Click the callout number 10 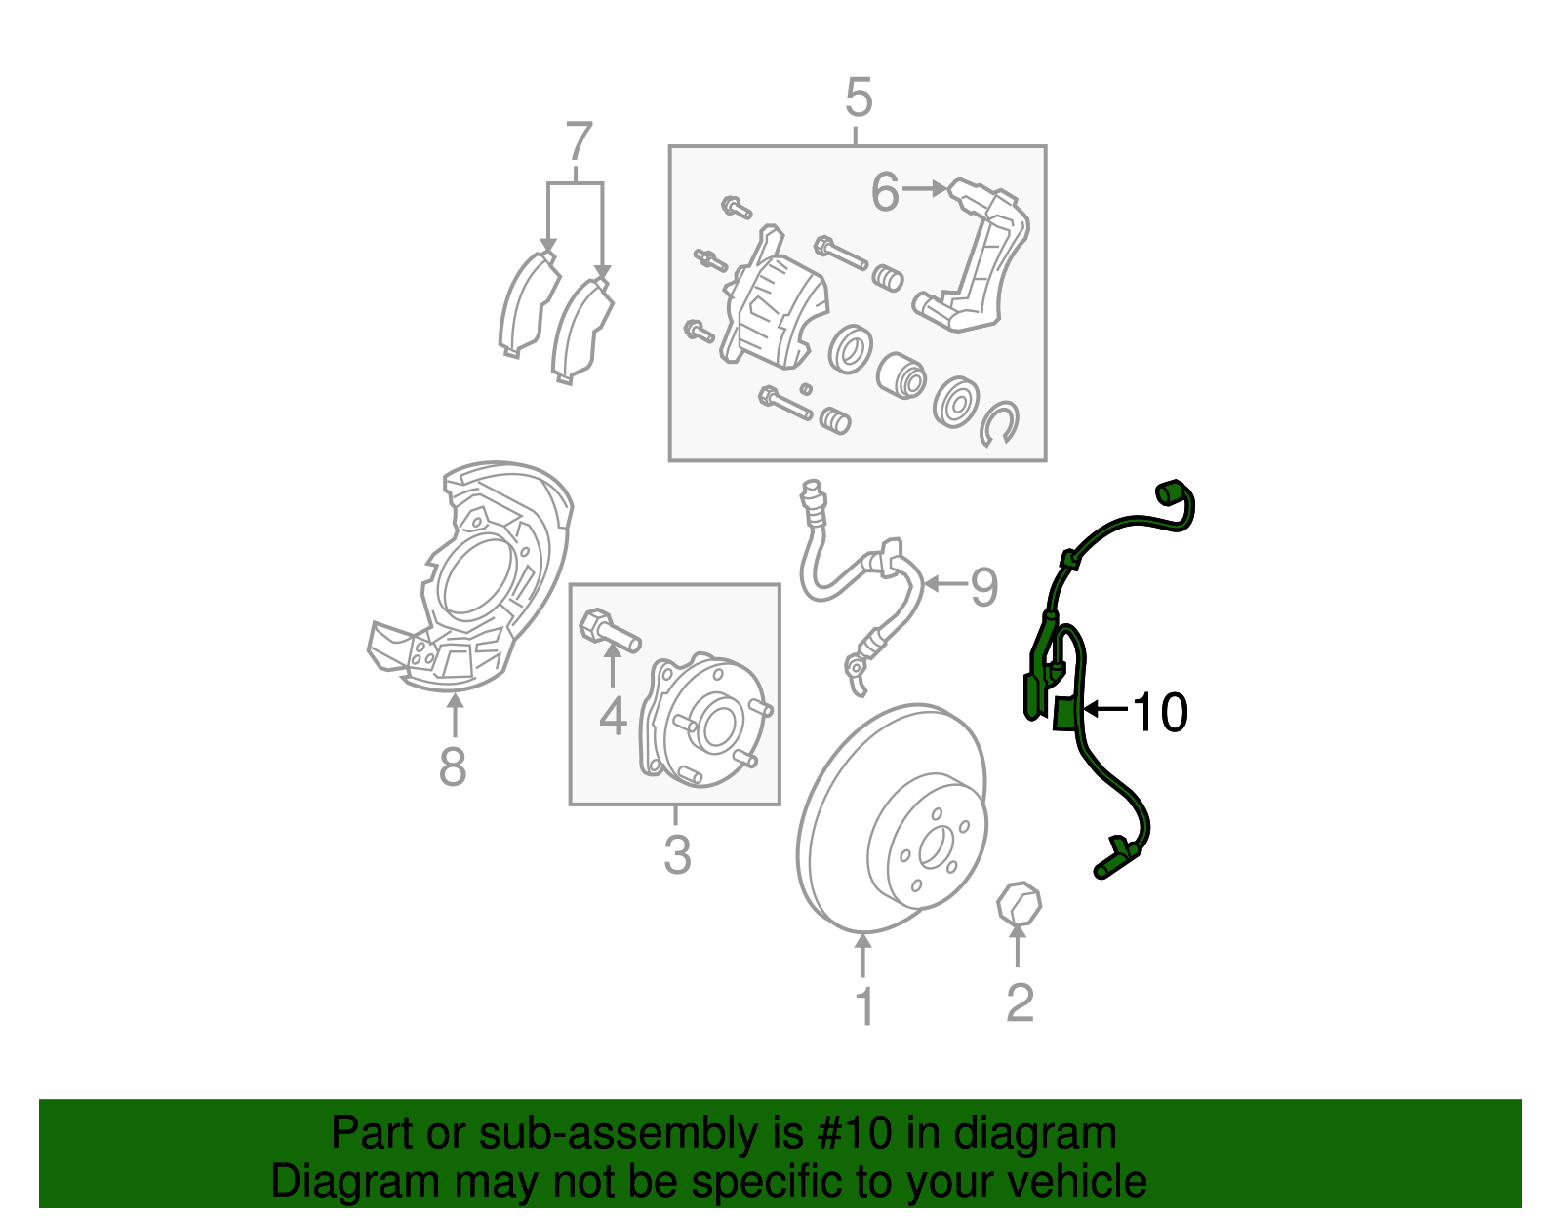coord(1160,713)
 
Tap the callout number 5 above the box coord(858,98)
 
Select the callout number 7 coord(579,143)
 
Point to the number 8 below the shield coord(453,767)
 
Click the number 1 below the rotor coord(864,1006)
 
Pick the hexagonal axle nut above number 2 coord(1019,903)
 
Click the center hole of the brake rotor coord(934,847)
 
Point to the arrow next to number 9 coord(942,584)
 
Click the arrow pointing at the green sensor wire coord(1105,709)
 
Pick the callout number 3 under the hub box coord(677,854)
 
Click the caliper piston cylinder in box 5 coord(901,375)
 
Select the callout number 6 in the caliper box coord(884,191)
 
